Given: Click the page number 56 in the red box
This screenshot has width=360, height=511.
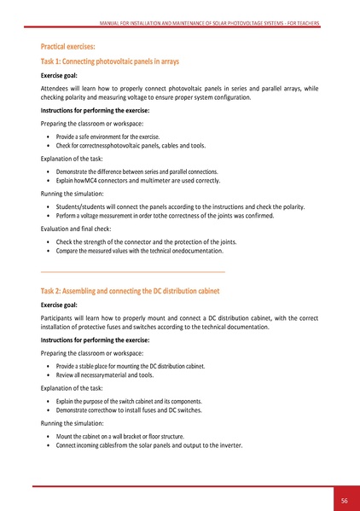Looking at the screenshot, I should tap(344, 499).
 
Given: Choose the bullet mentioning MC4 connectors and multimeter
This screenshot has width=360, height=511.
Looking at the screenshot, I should tap(137, 182).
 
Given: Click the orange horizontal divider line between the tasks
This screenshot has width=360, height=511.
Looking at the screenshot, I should tap(132, 271).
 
